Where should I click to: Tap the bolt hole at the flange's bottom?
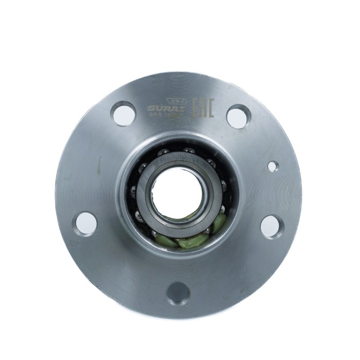coord(179,292)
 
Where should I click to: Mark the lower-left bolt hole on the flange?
coord(86,223)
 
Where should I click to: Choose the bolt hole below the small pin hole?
coord(271,226)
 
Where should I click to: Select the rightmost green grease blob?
coord(219,222)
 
